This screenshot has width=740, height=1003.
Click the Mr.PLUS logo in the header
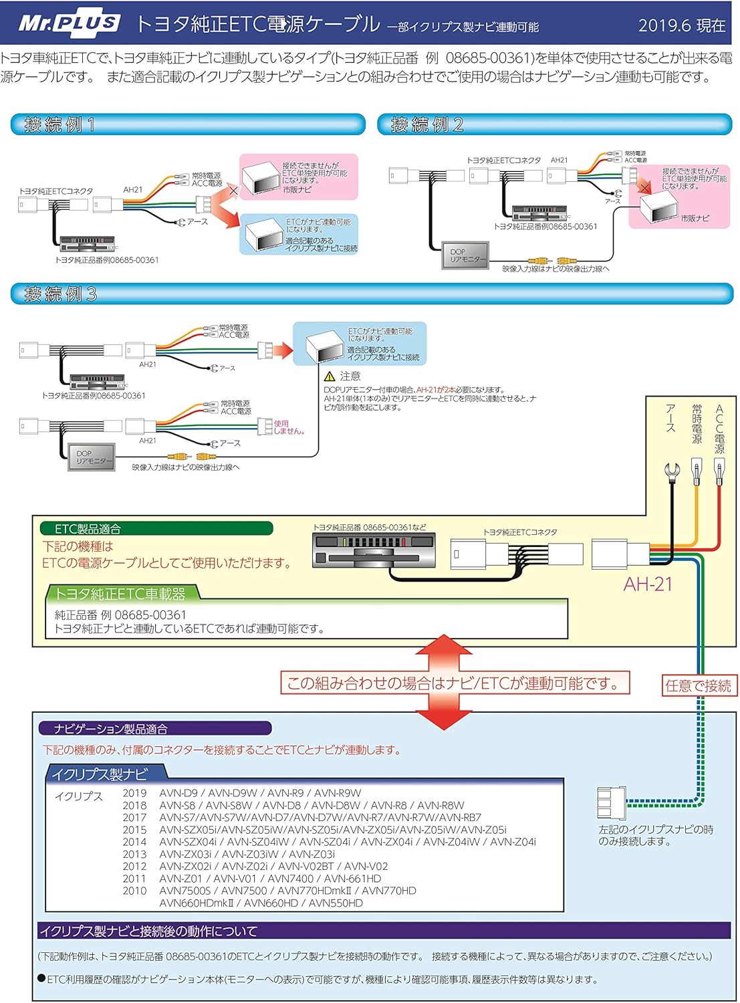click(x=69, y=24)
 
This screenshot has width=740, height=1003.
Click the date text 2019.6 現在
click(x=681, y=26)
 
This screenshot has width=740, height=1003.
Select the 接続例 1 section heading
click(x=60, y=124)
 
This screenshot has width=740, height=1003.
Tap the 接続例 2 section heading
click(x=427, y=124)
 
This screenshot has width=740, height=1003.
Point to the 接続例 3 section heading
click(x=61, y=294)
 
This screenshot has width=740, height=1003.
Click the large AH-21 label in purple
click(x=647, y=584)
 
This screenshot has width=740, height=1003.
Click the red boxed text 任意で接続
click(x=699, y=685)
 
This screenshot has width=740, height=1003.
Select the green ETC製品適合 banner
click(x=156, y=528)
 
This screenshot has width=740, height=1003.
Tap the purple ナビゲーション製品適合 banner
click(x=154, y=728)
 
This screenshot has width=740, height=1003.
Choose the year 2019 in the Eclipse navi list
click(x=134, y=793)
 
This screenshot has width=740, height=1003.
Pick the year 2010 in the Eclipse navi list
click(x=134, y=891)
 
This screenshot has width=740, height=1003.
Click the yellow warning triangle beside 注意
click(x=330, y=376)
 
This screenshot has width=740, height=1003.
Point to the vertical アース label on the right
click(x=671, y=418)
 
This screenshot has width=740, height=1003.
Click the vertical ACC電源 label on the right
click(x=719, y=429)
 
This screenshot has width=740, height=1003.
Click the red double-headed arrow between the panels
click(x=443, y=682)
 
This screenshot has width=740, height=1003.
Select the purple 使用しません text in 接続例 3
click(x=289, y=427)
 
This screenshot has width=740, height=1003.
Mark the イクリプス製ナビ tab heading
click(x=99, y=774)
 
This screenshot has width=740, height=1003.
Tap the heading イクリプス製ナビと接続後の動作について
click(x=148, y=931)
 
